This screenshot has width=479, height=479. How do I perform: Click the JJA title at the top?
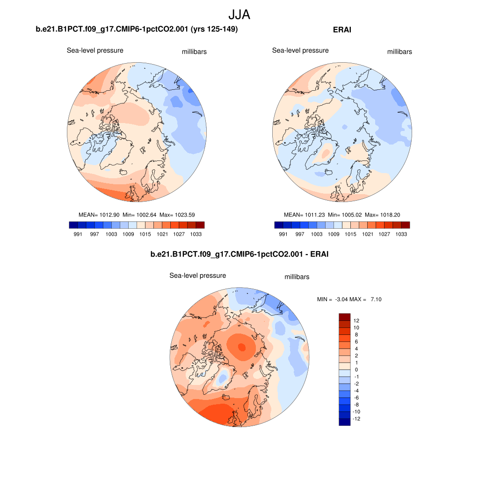pos(239,15)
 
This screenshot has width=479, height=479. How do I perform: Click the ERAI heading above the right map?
pos(342,30)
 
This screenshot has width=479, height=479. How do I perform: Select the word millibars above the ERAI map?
pos(399,52)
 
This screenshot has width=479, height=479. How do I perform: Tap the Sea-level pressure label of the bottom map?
pos(197,276)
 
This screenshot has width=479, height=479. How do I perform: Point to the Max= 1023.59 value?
pos(177,215)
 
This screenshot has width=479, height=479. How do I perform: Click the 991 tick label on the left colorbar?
pos(78,234)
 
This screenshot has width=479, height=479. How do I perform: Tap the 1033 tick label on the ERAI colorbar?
pos(400,234)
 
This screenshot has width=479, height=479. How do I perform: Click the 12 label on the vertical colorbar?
pos(356,320)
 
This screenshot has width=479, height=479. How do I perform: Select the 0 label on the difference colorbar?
pos(356,370)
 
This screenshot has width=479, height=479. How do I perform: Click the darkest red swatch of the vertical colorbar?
pos(344,317)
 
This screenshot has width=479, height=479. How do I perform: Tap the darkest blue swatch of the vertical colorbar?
pos(344,422)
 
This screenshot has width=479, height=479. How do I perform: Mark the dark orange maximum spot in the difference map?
pos(241,347)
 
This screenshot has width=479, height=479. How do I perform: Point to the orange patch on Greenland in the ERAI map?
pos(326,152)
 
